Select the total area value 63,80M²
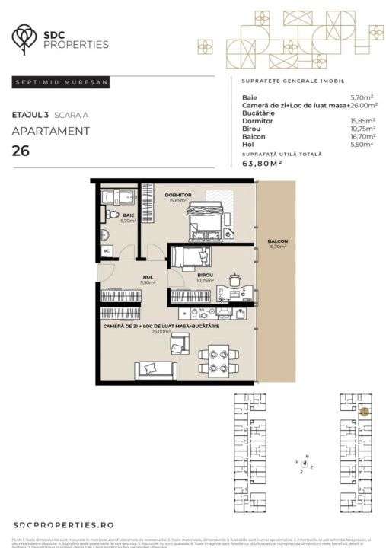click(x=263, y=162)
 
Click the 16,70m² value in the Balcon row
click(x=362, y=137)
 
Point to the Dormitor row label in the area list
click(x=257, y=121)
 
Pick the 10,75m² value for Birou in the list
click(x=362, y=129)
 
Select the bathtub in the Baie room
click(x=119, y=198)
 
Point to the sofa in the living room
click(x=156, y=370)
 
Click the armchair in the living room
click(x=180, y=346)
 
